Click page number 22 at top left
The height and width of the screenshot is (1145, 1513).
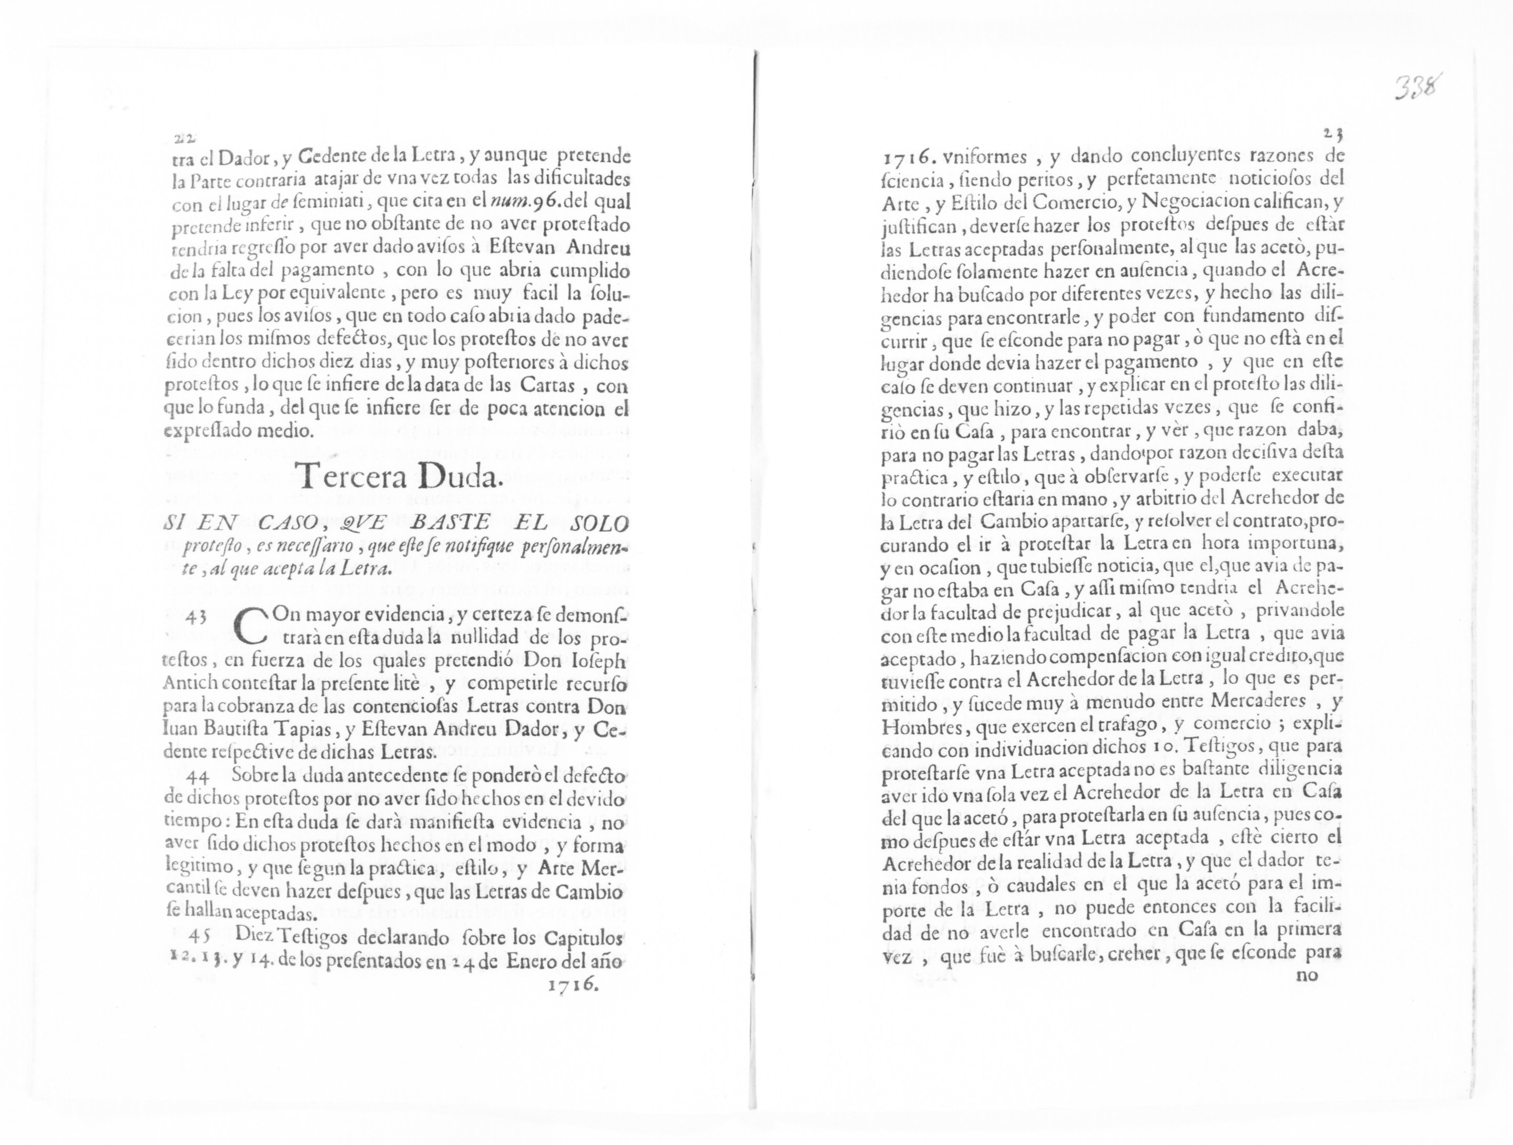click(183, 138)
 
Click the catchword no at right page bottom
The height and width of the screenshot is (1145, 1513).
click(1306, 975)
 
